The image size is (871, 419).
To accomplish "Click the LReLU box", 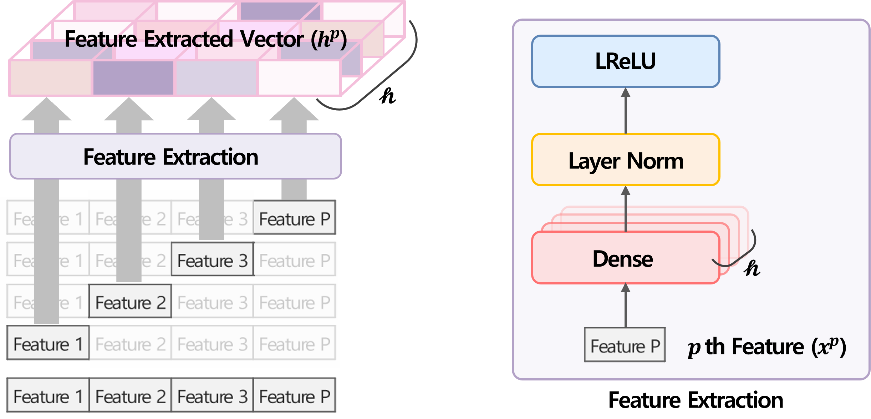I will (x=626, y=61).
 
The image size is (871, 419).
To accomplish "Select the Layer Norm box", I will (x=626, y=160).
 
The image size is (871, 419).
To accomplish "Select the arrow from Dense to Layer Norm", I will (x=626, y=209).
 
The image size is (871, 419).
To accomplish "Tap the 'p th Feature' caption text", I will (x=767, y=347).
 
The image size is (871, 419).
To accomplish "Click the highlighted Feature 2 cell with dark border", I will (x=130, y=302).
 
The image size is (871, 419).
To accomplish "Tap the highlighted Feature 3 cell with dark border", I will (x=213, y=260).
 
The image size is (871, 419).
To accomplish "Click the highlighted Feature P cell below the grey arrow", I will (x=295, y=218).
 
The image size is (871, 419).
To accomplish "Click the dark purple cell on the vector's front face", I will (x=133, y=78).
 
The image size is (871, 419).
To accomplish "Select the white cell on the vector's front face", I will (x=299, y=78).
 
